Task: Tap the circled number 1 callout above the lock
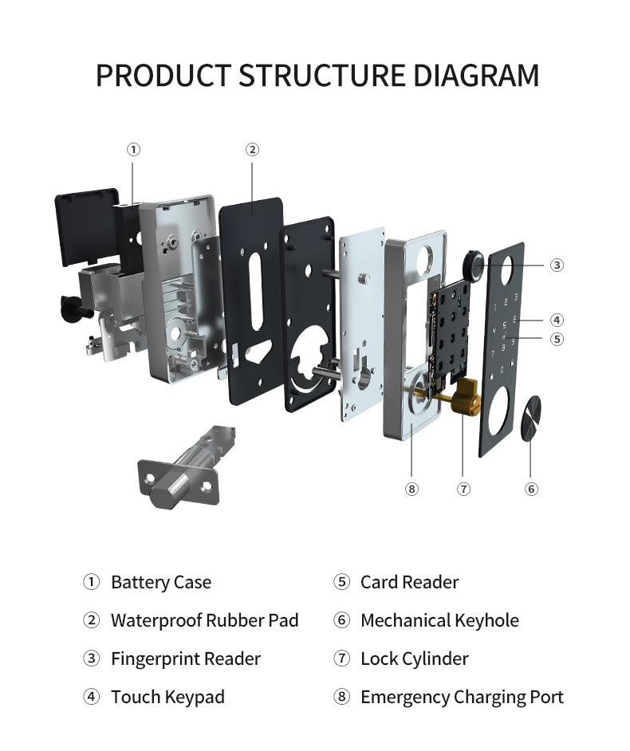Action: click(x=134, y=150)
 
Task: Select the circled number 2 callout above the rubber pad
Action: click(x=253, y=150)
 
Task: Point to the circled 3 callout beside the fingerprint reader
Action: click(x=557, y=265)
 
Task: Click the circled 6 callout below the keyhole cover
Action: click(x=531, y=489)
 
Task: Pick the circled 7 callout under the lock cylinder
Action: click(x=463, y=489)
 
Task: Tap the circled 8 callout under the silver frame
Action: click(x=411, y=489)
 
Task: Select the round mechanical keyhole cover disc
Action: click(x=531, y=416)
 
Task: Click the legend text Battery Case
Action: click(x=161, y=583)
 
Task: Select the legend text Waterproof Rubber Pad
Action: click(x=205, y=621)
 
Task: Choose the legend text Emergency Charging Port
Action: click(x=462, y=698)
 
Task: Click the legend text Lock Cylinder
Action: click(x=415, y=659)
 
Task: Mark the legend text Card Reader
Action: click(x=410, y=583)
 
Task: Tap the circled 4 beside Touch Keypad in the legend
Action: click(x=92, y=697)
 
